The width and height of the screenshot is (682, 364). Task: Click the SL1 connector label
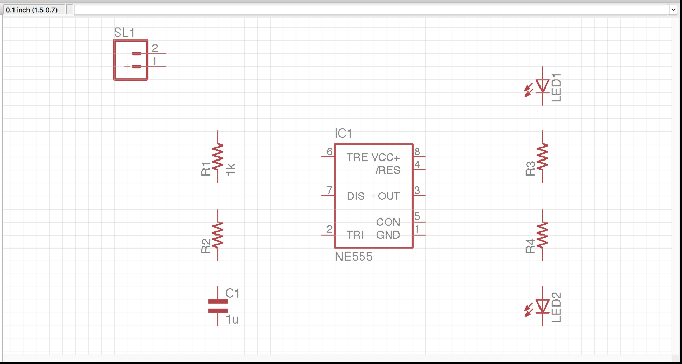coord(124,33)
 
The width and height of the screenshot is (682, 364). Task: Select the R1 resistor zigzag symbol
coord(218,156)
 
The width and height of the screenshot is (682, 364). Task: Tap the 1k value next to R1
coord(231,169)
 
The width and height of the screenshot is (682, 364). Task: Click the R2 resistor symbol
coord(218,234)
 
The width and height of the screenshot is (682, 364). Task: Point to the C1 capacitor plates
coord(218,306)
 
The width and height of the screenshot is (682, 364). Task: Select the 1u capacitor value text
coord(232,319)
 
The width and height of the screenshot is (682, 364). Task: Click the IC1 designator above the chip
coord(344,134)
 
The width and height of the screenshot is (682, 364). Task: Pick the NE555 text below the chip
coord(353,257)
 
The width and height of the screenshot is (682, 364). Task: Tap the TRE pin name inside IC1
coord(357,157)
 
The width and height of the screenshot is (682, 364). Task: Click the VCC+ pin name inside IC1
coord(385,157)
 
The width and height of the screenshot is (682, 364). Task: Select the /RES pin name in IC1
coord(388,170)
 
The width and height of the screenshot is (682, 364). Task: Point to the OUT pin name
coord(389,196)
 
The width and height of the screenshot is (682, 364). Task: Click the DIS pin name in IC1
coord(356,196)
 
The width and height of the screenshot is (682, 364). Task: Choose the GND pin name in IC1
coord(388,235)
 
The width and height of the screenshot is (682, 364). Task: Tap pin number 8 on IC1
coord(417,152)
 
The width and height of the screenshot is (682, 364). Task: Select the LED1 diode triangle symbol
coord(543,85)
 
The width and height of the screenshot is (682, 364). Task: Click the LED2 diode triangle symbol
coord(543,306)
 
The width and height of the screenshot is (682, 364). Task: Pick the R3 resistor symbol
coord(543,156)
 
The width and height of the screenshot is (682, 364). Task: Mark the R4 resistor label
coord(530,246)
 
